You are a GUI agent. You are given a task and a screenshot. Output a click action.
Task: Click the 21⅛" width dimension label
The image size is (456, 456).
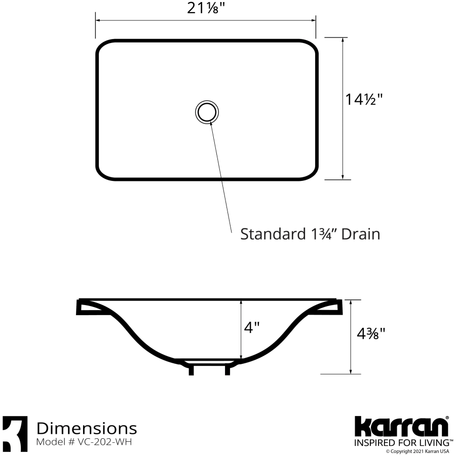pos(207,9)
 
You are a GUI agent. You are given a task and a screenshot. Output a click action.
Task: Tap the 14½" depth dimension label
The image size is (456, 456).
pos(363,99)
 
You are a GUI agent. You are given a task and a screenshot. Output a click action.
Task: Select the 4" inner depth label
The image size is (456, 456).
pos(252,328)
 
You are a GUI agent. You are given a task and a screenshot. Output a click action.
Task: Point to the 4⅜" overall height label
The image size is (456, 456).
pos(371,333)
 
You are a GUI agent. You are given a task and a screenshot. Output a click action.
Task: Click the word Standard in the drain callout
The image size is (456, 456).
pos(273,234)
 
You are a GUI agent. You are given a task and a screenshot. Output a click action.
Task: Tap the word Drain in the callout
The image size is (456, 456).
pos(361,234)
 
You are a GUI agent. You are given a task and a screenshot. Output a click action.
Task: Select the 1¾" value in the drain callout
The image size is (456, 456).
pos(323,234)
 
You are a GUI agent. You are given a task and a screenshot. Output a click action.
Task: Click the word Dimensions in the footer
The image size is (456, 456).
pos(87,428)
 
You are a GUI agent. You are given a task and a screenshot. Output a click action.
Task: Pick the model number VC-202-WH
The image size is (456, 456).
pos(105,442)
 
